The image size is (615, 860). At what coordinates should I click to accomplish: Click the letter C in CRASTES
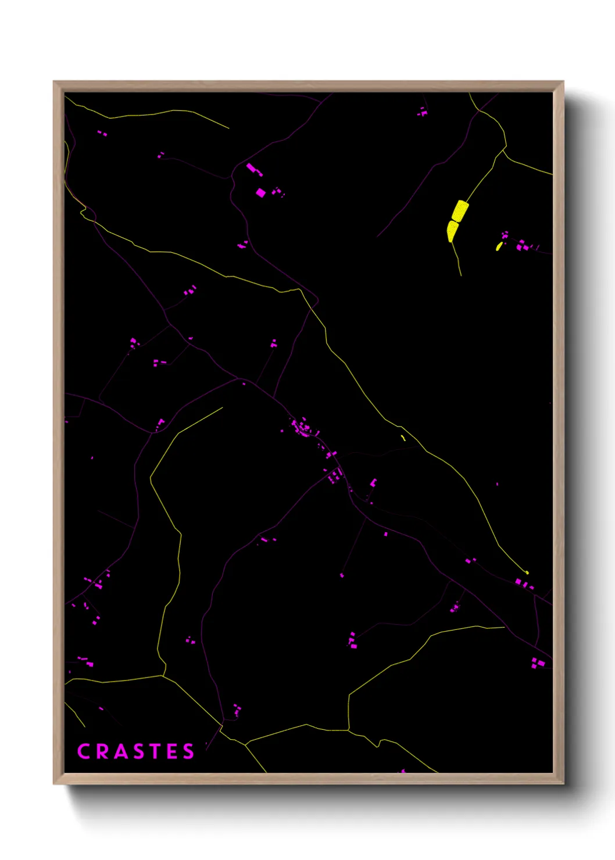[x=85, y=751]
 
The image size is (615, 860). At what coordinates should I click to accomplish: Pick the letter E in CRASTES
[x=171, y=751]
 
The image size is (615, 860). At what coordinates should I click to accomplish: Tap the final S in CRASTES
[x=188, y=751]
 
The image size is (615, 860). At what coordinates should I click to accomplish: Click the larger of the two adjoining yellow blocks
[x=460, y=211]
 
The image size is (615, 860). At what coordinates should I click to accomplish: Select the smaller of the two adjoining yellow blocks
[x=452, y=231]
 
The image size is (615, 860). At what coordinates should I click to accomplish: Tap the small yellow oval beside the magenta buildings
[x=499, y=246]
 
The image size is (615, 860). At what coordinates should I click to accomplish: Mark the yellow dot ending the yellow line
[x=527, y=572]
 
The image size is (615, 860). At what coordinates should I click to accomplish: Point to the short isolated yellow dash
[x=403, y=438]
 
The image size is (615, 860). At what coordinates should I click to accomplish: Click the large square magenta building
[x=261, y=192]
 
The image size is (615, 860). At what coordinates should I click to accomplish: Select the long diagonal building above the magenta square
[x=254, y=170]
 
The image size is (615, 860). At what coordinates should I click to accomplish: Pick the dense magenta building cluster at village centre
[x=302, y=428]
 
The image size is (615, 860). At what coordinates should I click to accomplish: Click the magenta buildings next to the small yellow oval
[x=522, y=246]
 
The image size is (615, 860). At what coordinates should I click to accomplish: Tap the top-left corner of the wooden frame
[x=54, y=82]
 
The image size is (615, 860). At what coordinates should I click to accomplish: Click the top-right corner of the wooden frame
[x=563, y=82]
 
